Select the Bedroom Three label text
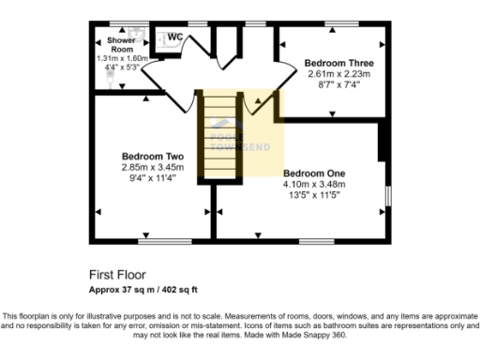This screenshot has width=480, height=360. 332,63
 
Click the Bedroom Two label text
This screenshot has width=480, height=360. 152,157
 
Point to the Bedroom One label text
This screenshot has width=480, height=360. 315,173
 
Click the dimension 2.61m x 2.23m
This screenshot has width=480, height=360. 332,73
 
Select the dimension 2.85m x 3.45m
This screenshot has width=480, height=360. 152,167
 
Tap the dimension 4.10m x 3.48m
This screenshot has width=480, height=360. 315,185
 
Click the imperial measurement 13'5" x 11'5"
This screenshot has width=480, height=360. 315,195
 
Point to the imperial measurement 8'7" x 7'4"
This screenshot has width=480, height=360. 332,83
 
